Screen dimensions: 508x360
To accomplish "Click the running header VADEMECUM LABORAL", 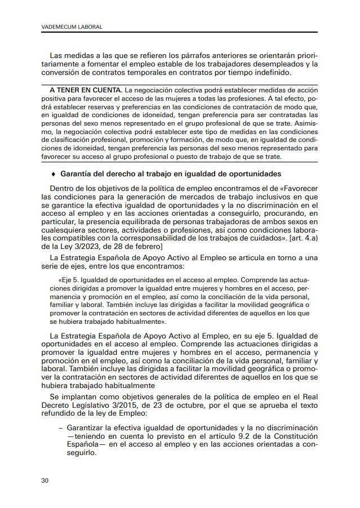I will pos(68,27).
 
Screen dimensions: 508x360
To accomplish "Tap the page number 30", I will pos(45,480).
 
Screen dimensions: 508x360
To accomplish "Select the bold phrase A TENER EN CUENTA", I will pos(85,90).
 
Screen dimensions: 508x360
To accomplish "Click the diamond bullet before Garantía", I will pos(52,173).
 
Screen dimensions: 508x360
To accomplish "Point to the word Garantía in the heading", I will pos(78,173).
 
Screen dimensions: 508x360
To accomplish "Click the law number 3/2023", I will pos(82,246).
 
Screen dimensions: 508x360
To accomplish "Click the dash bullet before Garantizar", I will pos(60,428).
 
